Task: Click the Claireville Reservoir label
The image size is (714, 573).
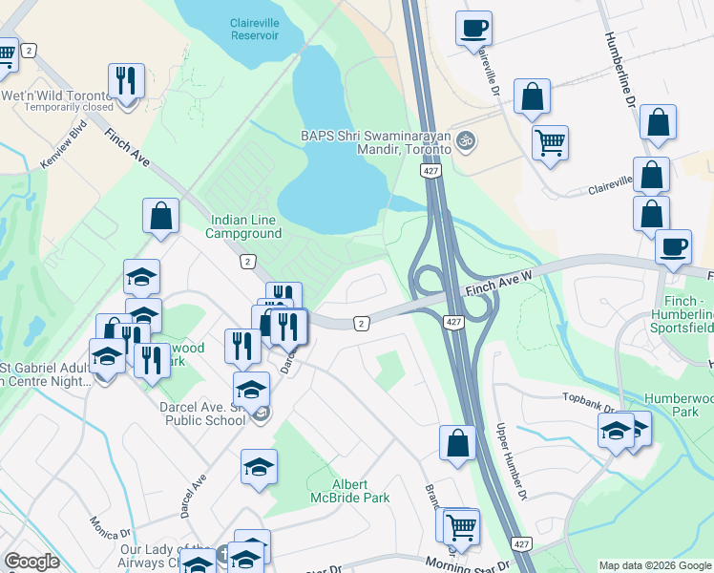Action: click(x=254, y=29)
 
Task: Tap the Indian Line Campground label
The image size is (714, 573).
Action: click(x=246, y=226)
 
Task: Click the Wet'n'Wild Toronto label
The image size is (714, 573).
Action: click(x=57, y=96)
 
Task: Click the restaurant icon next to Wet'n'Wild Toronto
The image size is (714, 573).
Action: click(x=126, y=81)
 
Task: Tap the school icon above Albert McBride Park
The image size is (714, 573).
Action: click(x=259, y=467)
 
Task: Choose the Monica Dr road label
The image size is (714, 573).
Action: click(x=111, y=526)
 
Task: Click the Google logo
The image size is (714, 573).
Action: click(x=31, y=562)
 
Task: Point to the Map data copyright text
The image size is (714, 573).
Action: click(x=654, y=565)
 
